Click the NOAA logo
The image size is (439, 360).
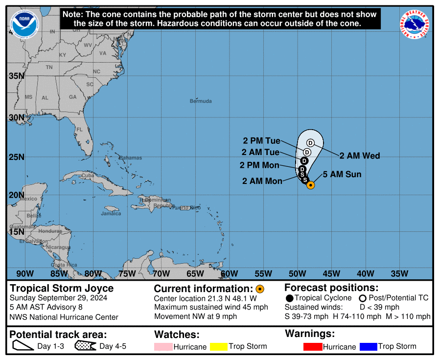pyautogui.click(x=24, y=24)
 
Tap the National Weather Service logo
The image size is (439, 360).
pyautogui.click(x=416, y=24)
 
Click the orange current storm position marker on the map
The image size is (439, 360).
pyautogui.click(x=310, y=184)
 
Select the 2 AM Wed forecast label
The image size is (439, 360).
pyautogui.click(x=360, y=156)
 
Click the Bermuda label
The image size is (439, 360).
pyautogui.click(x=201, y=101)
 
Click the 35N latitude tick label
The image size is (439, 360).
pyautogui.click(x=16, y=76)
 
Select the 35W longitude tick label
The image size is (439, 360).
pyautogui.click(x=400, y=273)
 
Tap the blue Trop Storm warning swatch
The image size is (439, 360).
pyautogui.click(x=368, y=347)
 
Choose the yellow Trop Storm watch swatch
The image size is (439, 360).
pyautogui.click(x=219, y=347)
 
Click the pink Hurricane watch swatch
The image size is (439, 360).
pyautogui.click(x=163, y=347)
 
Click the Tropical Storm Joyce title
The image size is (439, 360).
pyautogui.click(x=62, y=289)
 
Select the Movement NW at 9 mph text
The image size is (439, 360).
pyautogui.click(x=195, y=316)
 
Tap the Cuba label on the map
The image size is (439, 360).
pyautogui.click(x=88, y=175)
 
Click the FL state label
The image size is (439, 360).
pyautogui.click(x=79, y=130)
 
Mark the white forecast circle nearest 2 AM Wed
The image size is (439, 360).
pyautogui.click(x=310, y=142)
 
